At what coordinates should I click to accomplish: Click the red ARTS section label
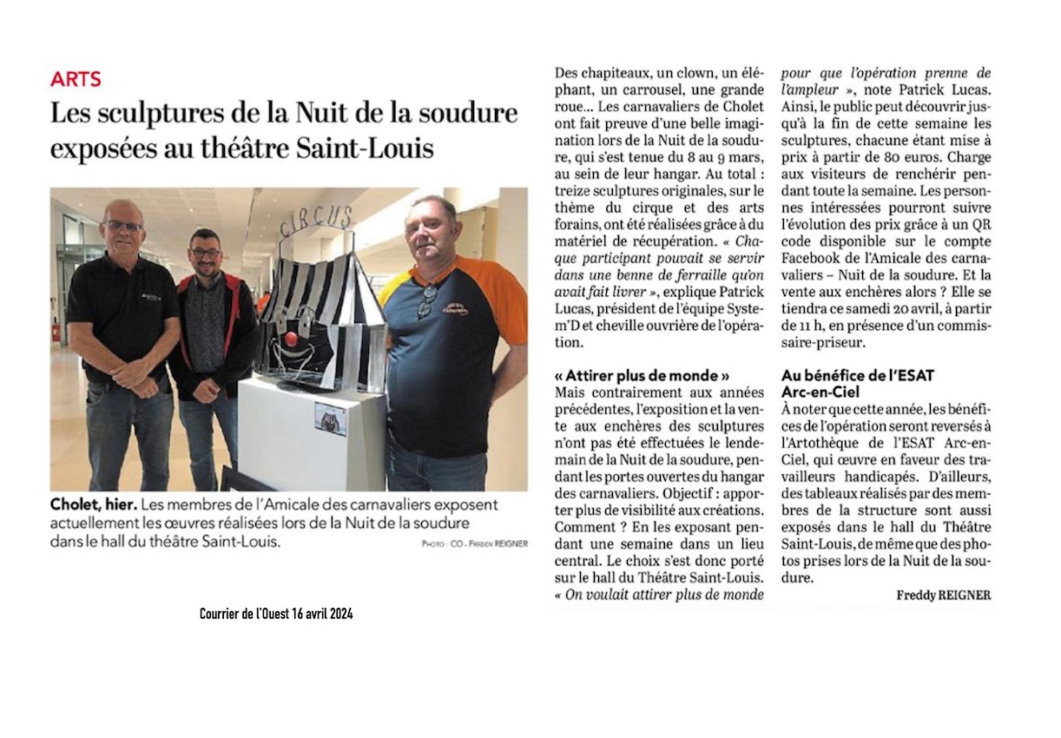pos(76,79)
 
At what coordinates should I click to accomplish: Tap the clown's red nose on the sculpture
pos(293,336)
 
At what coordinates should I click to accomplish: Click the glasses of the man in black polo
pos(122,226)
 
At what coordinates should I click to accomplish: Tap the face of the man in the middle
pos(205,252)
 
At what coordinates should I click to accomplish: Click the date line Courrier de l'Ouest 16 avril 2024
pos(276,614)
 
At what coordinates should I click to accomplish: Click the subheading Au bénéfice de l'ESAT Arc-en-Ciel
pos(845,383)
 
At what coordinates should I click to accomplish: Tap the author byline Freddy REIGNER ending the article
pos(943,595)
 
